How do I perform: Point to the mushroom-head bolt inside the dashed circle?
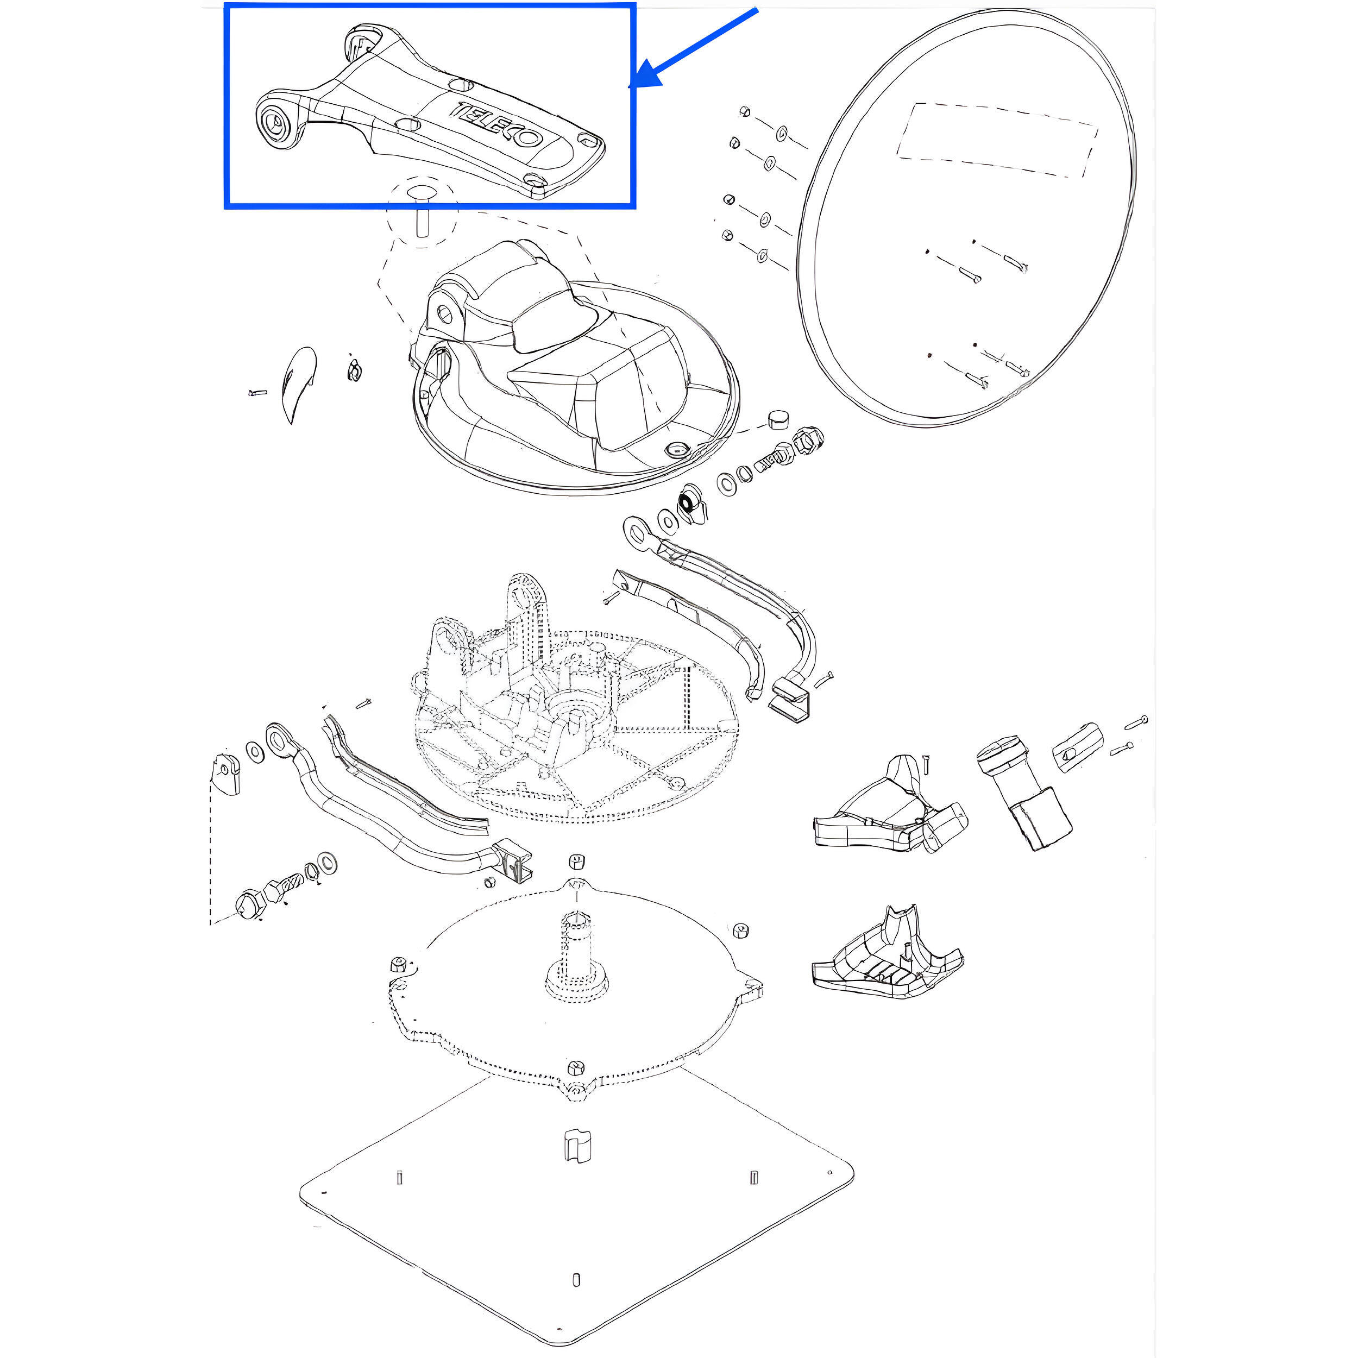click(420, 210)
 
